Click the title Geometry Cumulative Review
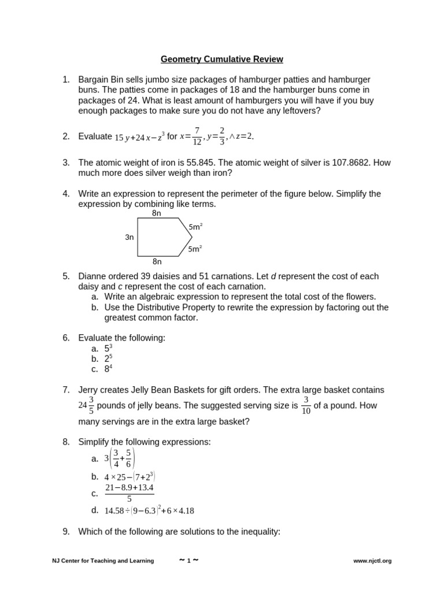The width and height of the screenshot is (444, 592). pos(222,60)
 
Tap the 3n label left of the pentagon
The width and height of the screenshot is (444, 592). pos(129,237)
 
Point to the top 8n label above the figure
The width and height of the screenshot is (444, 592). pos(157,213)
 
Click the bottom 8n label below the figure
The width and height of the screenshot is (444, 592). pos(157,261)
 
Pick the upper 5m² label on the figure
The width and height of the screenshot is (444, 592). pos(195,227)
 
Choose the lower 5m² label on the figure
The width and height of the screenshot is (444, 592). pos(195,249)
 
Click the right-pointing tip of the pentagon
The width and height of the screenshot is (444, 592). pos(191,237)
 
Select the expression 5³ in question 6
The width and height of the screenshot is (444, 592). pos(108,348)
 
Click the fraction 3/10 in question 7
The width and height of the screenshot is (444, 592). pos(306,405)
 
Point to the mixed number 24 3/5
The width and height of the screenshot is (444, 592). pos(87,405)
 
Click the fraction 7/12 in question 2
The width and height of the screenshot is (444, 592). pos(197,136)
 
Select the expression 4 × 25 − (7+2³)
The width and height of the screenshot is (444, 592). pos(130,477)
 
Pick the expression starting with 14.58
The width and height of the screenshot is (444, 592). pos(149,510)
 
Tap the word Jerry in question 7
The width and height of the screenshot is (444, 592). pos(89,390)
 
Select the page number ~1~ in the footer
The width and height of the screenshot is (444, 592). pos(188,560)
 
